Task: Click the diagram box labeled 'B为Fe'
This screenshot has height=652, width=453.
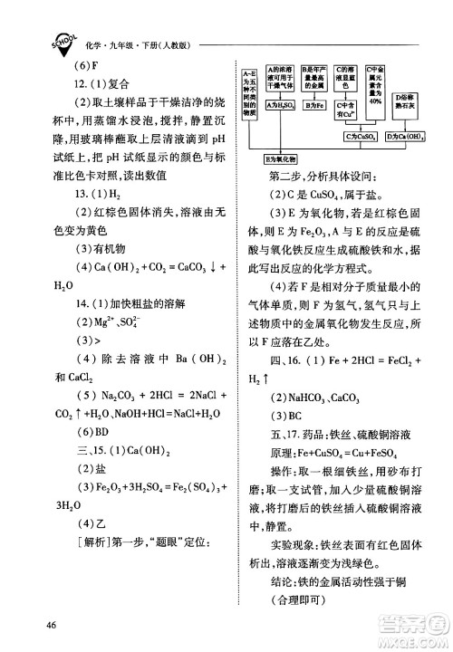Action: [x=314, y=107]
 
